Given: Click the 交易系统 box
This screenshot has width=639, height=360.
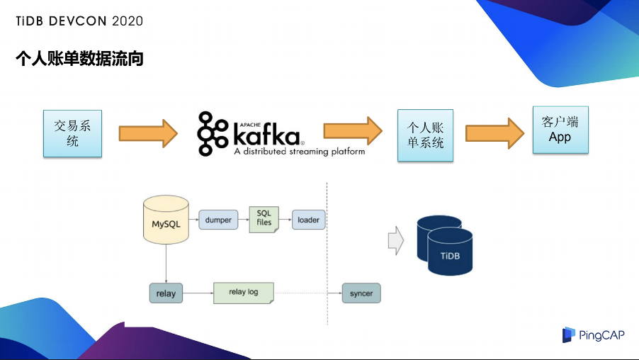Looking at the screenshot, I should point(72,133).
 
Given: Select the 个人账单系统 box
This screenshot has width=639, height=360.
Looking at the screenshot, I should point(425,135).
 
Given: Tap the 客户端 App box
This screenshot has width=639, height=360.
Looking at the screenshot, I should point(560,130).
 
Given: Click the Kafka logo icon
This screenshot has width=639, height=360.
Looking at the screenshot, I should point(211,133).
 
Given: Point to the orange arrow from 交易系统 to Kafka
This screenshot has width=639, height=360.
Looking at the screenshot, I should point(148,133).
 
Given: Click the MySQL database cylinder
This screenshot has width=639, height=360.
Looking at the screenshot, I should point(166,221).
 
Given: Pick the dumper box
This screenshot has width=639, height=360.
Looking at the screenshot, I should point(218,220).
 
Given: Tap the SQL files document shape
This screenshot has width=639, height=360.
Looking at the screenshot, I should point(264,218).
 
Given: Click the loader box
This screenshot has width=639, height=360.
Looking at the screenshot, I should point(308,220).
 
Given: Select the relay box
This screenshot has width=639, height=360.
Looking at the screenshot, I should point(166,293).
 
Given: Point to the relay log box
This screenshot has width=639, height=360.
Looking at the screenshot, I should point(243,292).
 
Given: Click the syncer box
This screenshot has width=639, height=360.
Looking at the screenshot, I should point(361,293).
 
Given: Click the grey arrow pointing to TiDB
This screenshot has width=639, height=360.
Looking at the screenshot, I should point(395,241).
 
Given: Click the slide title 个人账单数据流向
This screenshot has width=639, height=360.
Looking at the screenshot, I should point(79,59).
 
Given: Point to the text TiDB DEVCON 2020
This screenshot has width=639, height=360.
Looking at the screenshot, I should point(79,21).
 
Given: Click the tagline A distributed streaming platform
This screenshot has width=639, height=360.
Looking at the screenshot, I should point(300,152).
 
